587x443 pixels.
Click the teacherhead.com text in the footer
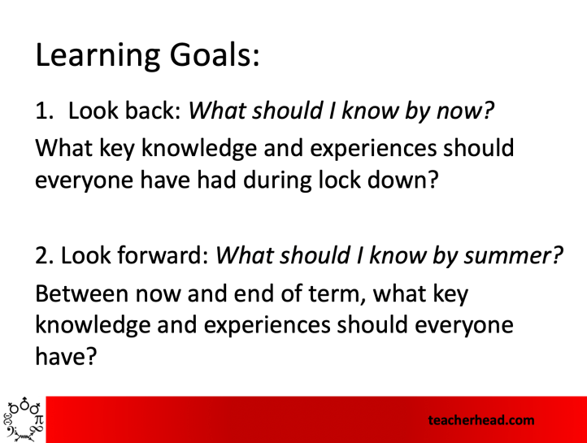pos(482,420)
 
